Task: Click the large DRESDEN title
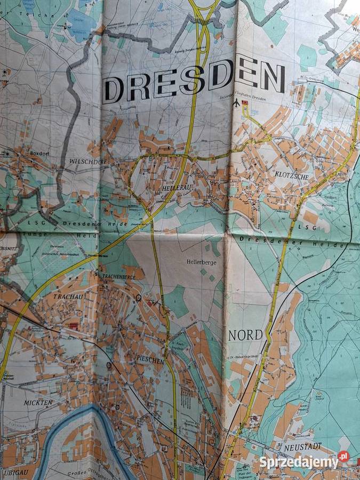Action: point(194,83)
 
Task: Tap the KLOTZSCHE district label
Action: point(289,174)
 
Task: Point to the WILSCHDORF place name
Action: point(87,161)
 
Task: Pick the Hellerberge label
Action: point(201,262)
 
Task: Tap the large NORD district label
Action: point(245,335)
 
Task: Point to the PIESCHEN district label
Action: point(149,361)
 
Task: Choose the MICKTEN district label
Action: point(38,403)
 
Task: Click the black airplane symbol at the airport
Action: point(237,103)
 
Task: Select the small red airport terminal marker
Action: point(245,102)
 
